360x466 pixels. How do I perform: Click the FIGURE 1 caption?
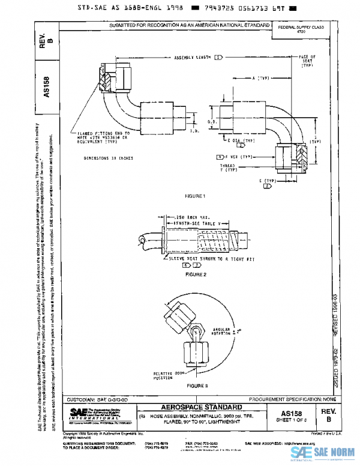pos(196,196)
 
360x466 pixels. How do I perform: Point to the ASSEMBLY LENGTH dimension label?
pos(193,57)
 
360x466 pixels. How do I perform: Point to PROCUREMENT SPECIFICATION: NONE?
pos(295,398)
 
